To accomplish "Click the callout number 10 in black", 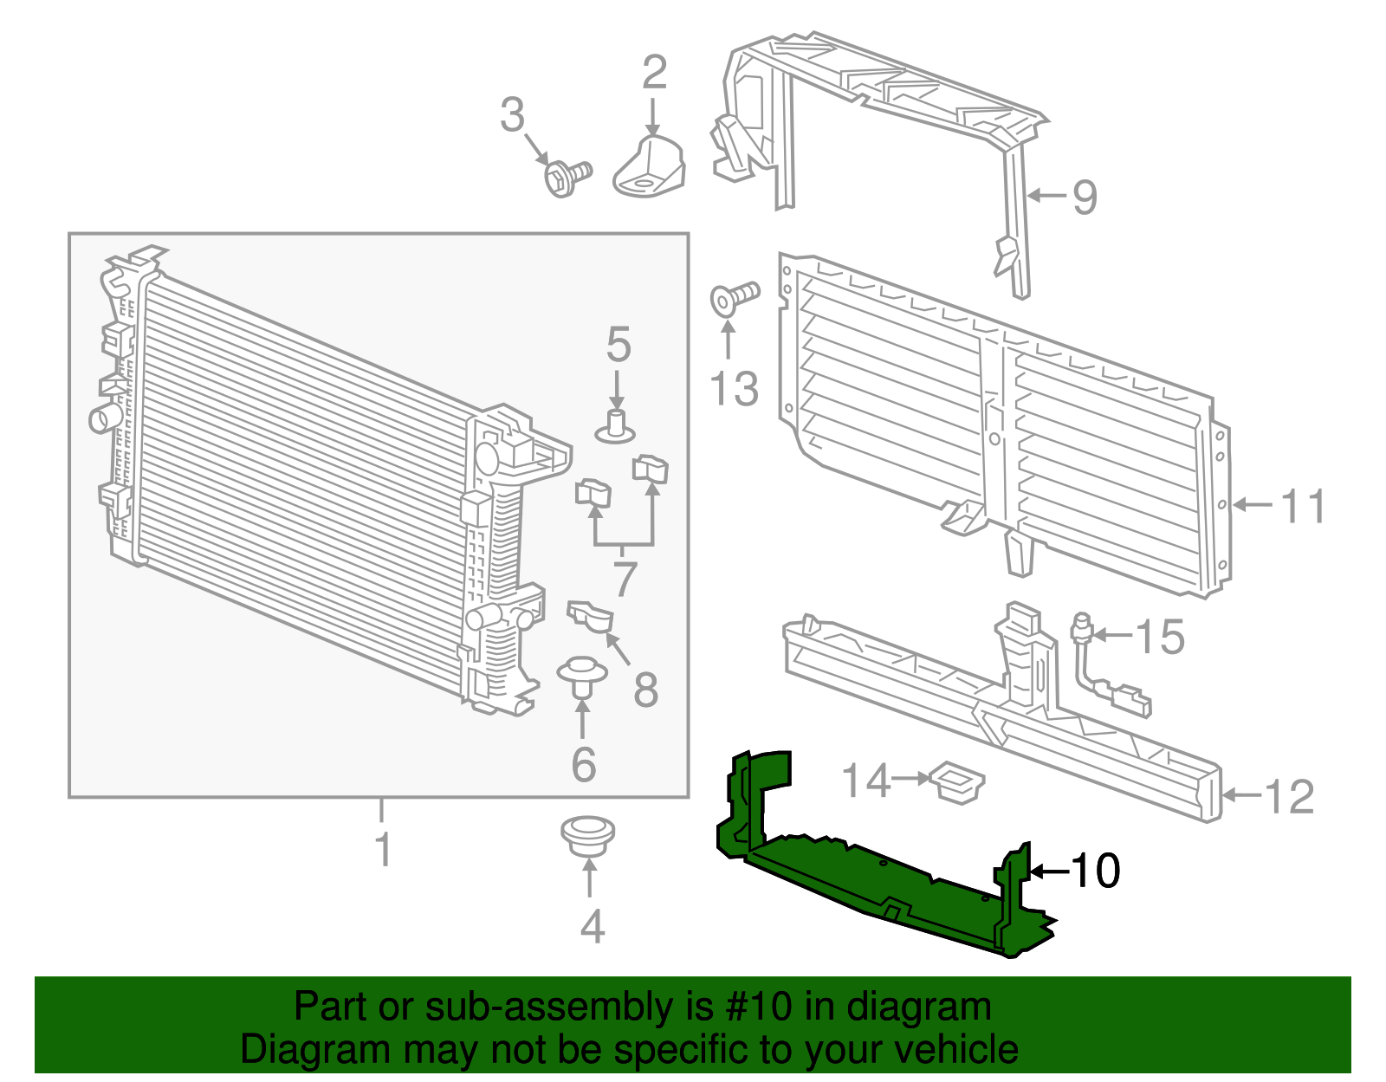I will click(1096, 871).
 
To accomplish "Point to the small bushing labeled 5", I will click(616, 425).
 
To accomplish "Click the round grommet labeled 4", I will click(588, 833).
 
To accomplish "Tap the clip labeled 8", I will click(591, 616).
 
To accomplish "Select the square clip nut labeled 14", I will click(956, 781).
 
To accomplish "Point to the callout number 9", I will click(1085, 198).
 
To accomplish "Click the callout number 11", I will click(1303, 506).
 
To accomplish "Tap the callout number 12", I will click(1289, 796).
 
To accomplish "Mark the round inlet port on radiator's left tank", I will click(103, 418).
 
